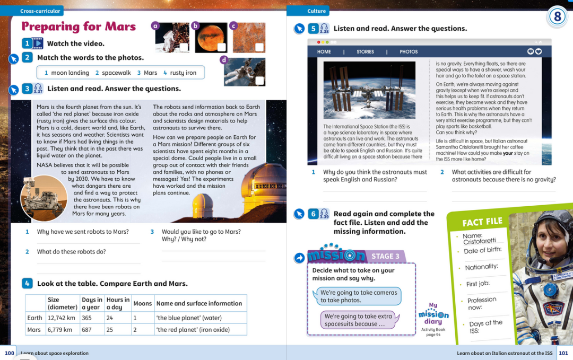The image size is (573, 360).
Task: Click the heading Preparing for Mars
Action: coord(79,27)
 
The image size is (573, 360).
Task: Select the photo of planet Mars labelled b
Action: coord(211,37)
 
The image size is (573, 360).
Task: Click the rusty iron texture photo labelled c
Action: coord(248,37)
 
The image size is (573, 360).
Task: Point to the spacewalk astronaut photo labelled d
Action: coord(244,72)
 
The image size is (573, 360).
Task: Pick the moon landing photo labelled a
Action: coord(172,37)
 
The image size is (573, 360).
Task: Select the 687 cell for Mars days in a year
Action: coord(87,329)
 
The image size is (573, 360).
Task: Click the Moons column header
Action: coord(142,304)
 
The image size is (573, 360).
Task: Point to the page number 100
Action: coord(10,353)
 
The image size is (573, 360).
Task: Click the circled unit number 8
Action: coord(557,17)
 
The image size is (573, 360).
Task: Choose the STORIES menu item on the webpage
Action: coord(365,52)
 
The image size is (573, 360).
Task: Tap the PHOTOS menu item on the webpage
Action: coord(409,52)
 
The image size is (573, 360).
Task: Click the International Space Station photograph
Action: coord(369,90)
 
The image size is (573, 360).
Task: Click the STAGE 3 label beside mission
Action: coord(385,256)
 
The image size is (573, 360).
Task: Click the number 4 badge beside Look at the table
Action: coord(27,283)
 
